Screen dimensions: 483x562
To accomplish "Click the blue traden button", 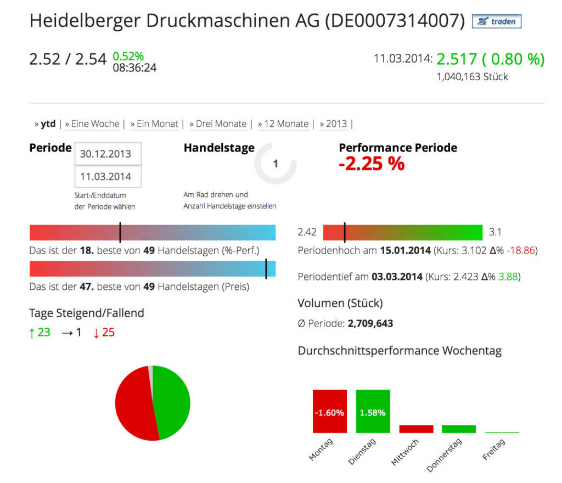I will point(497,21).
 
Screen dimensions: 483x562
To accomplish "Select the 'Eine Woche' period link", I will point(95,124).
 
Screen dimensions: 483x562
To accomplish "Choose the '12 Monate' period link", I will point(286,124).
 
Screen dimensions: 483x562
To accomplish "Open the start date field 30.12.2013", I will point(108,154).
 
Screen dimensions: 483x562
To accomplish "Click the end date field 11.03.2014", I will point(108,177).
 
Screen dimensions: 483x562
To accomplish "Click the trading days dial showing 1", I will point(276,164).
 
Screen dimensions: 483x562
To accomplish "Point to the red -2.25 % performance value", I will point(372,164).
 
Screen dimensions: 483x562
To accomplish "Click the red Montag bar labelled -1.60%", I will point(330,412).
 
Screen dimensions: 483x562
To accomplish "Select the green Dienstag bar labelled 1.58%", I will point(373,412).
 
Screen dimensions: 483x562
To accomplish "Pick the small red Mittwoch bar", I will point(416,429).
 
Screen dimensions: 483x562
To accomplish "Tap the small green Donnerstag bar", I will point(459,429).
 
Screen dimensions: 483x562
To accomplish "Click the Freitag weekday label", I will point(494,450).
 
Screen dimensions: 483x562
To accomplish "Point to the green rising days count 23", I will point(44,332).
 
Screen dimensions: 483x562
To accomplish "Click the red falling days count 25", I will point(108,332).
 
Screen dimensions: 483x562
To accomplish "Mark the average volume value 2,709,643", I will point(370,323).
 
